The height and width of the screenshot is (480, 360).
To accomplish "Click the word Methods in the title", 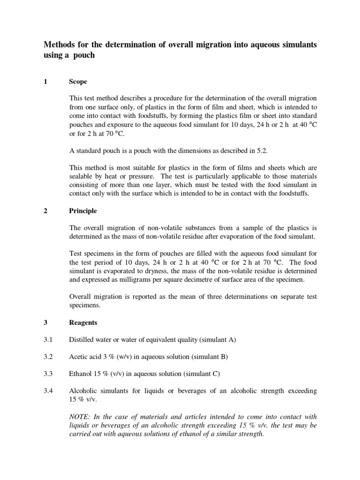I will click(x=60, y=45).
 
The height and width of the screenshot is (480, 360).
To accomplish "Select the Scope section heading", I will click(x=78, y=82).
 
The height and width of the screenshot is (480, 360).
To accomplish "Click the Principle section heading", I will click(x=82, y=211).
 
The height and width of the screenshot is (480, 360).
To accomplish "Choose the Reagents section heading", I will click(x=83, y=322).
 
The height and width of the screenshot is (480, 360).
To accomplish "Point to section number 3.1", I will click(x=50, y=339).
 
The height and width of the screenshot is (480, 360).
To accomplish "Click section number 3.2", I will click(x=50, y=357).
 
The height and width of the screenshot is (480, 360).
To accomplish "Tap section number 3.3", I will click(x=50, y=374).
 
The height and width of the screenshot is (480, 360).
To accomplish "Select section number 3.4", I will click(x=50, y=390).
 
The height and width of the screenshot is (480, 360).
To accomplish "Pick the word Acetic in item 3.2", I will click(x=79, y=357).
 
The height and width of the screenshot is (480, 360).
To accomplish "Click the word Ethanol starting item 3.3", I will click(x=81, y=374).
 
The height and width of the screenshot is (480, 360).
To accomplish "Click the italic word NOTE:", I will click(x=81, y=417).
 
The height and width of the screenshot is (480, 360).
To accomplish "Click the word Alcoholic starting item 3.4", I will click(x=84, y=390).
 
